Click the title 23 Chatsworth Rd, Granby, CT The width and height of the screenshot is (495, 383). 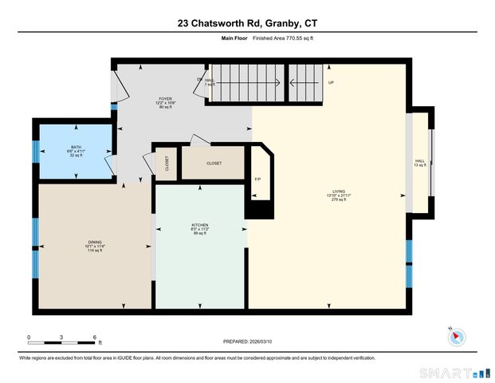click(247, 24)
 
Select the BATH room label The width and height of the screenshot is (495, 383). click(76, 149)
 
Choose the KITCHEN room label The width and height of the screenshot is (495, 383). click(199, 228)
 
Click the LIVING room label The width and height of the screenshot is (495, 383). click(340, 194)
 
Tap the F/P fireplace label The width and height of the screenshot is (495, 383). click(257, 179)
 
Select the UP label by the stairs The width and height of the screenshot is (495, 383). click(331, 82)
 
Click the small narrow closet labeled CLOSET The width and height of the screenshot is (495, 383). click(166, 163)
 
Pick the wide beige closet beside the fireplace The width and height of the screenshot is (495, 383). click(214, 163)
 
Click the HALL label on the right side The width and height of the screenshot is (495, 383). click(419, 163)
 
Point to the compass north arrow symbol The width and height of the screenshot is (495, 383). click(455, 335)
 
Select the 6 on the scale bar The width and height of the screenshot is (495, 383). click(95, 338)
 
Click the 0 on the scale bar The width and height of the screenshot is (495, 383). click(29, 338)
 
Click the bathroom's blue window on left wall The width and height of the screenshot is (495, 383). click(35, 150)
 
